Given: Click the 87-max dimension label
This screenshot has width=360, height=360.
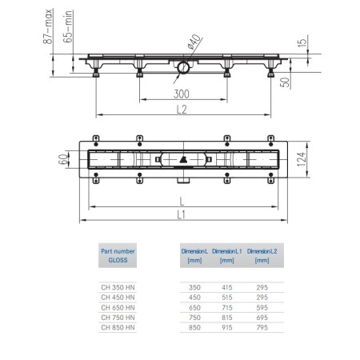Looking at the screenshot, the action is [x=48, y=26].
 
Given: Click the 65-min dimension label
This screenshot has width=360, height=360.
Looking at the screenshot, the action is [x=68, y=26].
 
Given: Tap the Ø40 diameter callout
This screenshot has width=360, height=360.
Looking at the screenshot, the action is [x=194, y=42].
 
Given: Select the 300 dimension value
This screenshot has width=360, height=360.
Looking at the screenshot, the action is [x=182, y=94].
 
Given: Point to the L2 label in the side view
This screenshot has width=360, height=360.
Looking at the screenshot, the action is [x=182, y=110].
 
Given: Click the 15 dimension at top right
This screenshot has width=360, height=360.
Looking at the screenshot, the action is [x=302, y=42].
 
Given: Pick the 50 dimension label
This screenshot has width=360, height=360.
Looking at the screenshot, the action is [x=285, y=82].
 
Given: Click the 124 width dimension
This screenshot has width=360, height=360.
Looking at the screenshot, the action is [x=302, y=159].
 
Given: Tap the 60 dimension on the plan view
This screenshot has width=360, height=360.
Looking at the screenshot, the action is [x=63, y=159].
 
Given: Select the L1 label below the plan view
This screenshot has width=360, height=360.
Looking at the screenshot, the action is [x=182, y=214].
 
